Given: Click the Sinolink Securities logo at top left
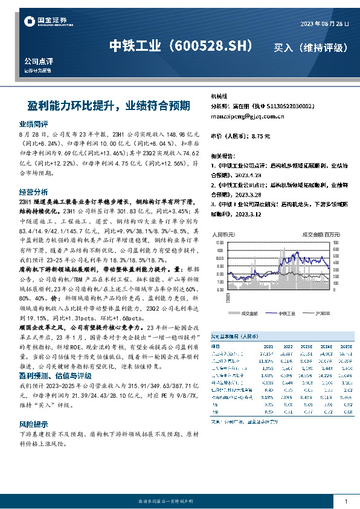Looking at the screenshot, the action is click(45, 22).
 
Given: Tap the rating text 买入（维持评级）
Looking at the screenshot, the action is click(310, 47).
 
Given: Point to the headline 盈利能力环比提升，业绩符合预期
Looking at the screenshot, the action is click(109, 105).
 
